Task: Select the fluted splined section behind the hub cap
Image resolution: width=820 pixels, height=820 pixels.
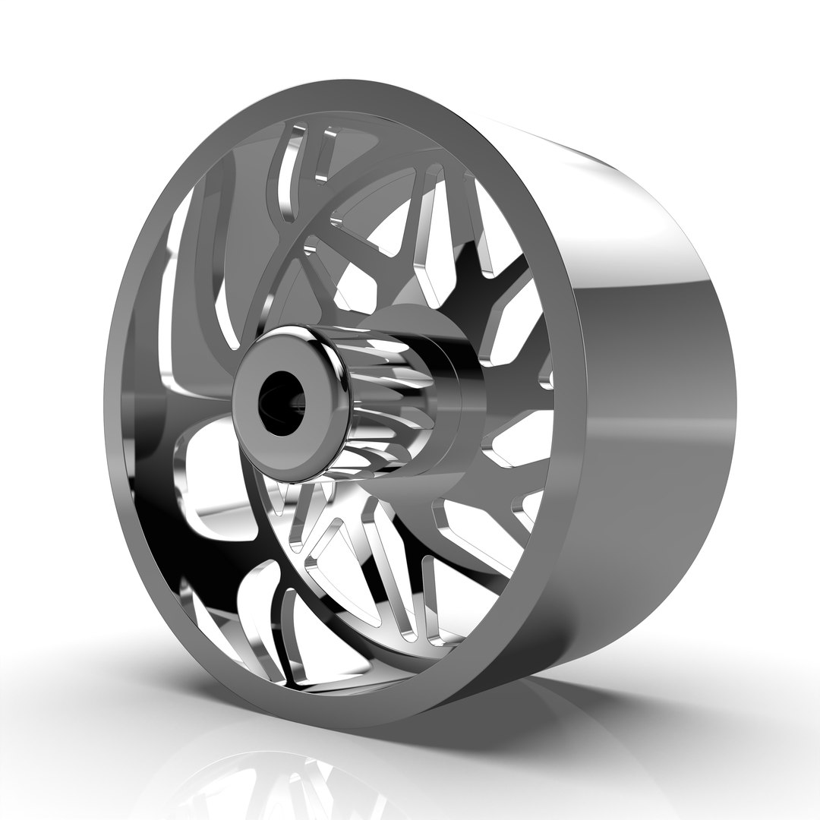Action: coord(383,395)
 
